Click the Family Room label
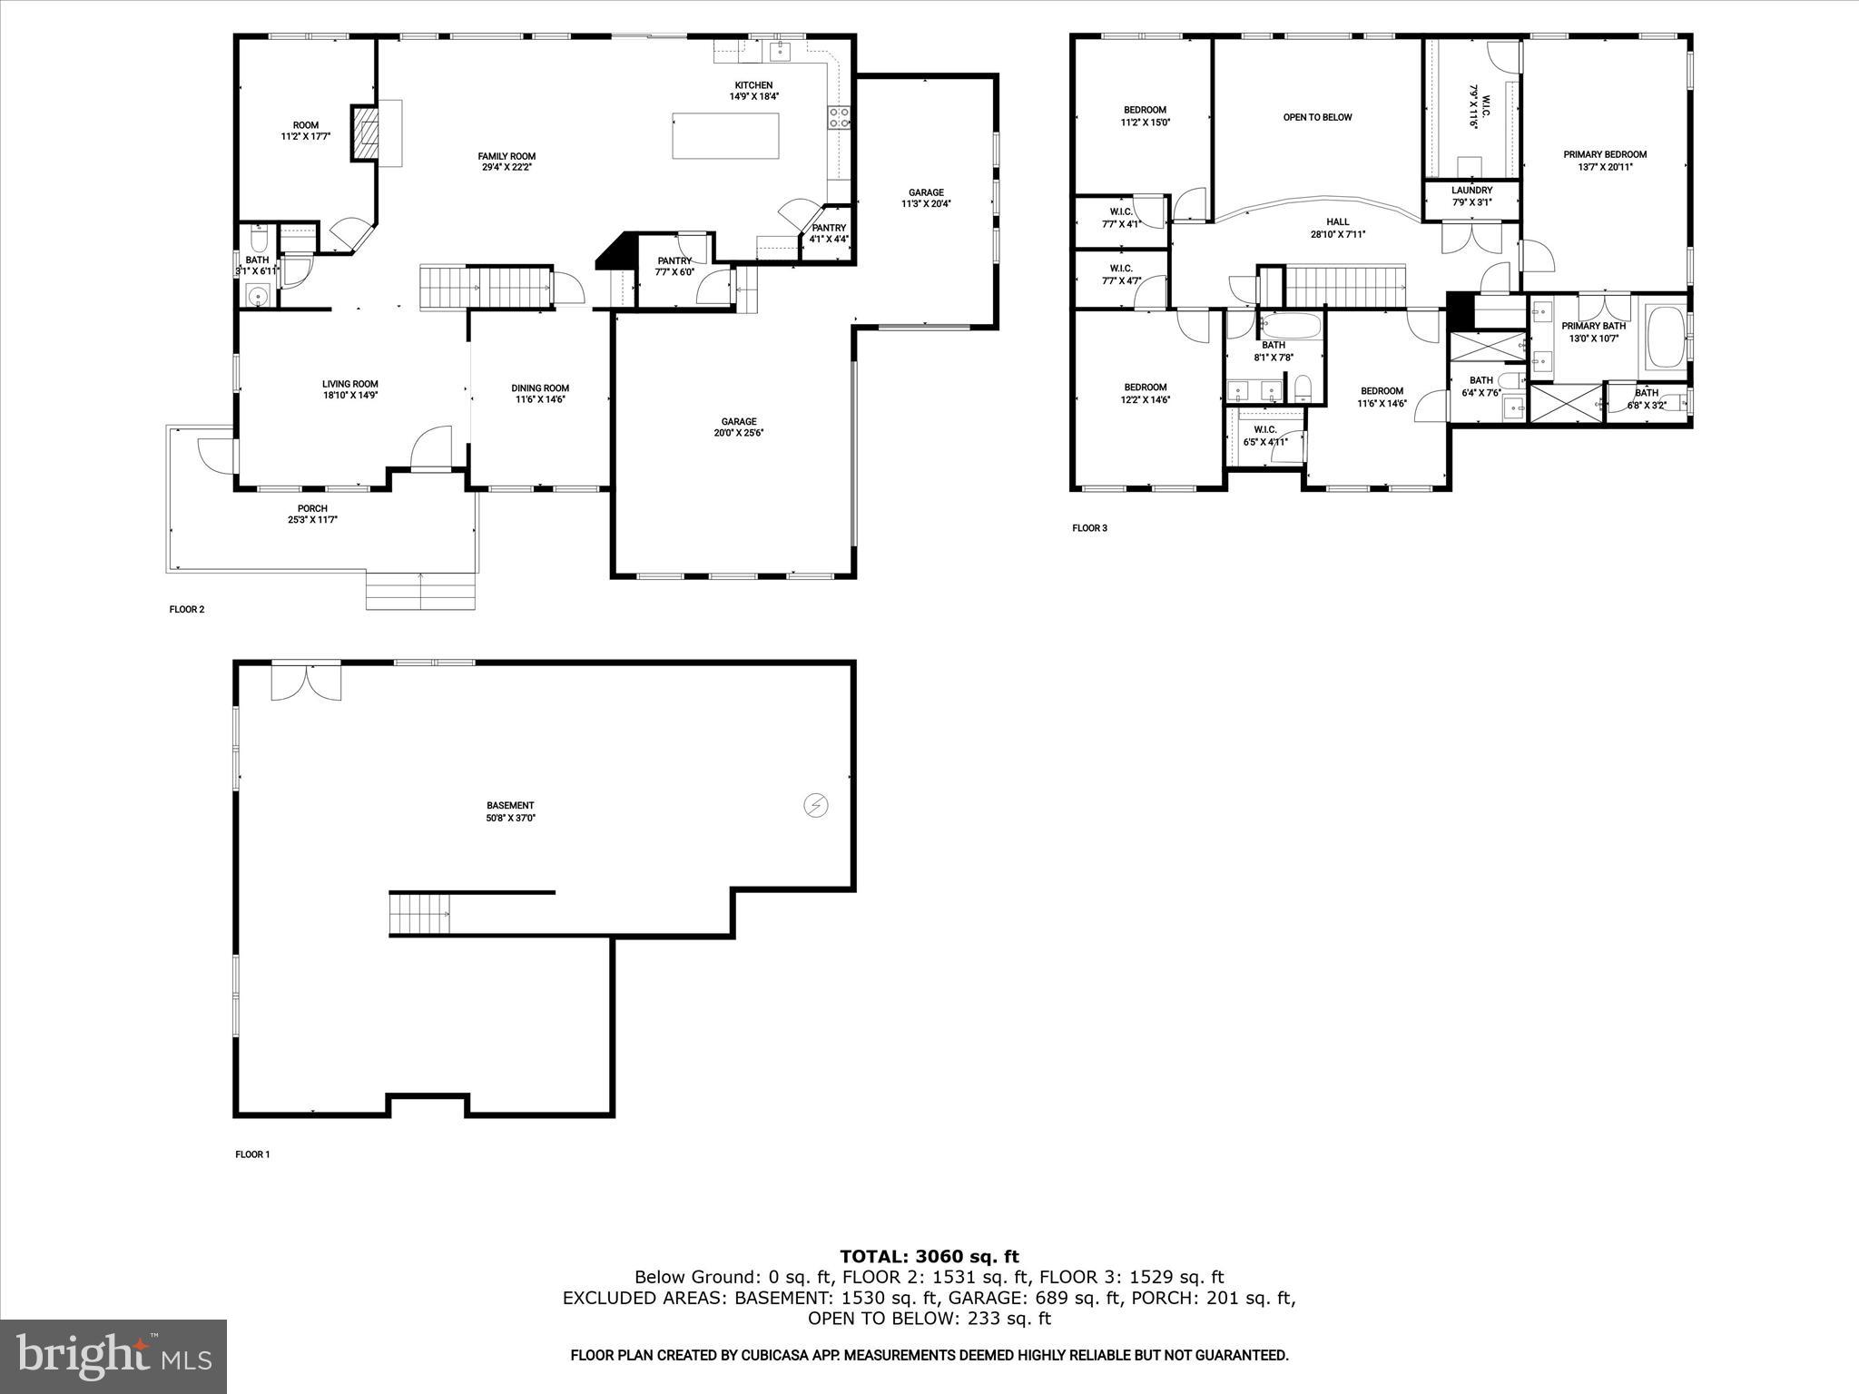pyautogui.click(x=507, y=156)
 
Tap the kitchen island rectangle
pyautogui.click(x=725, y=135)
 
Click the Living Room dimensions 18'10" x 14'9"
pyautogui.click(x=349, y=396)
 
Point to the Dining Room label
pyautogui.click(x=540, y=388)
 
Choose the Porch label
pyautogui.click(x=312, y=508)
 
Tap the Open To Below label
pyautogui.click(x=1317, y=117)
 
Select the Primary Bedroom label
pyautogui.click(x=1604, y=154)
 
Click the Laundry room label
pyautogui.click(x=1471, y=191)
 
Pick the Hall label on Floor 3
pyautogui.click(x=1337, y=221)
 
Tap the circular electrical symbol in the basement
pyautogui.click(x=816, y=805)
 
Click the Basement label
pyautogui.click(x=510, y=805)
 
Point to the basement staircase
pyautogui.click(x=420, y=913)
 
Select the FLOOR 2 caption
pyautogui.click(x=187, y=610)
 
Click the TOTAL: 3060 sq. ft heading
pyautogui.click(x=929, y=1257)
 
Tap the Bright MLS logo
pyautogui.click(x=113, y=1357)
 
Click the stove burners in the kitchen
pyautogui.click(x=839, y=116)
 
